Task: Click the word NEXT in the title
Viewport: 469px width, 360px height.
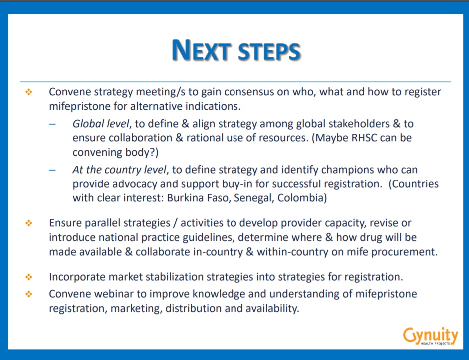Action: click(201, 50)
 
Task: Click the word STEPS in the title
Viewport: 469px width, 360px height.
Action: click(269, 51)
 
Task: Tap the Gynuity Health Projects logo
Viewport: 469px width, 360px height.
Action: click(431, 336)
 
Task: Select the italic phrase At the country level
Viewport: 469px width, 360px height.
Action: click(119, 170)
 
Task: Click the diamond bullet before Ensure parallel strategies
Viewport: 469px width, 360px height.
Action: click(29, 223)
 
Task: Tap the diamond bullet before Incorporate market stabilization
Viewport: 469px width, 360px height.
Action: click(29, 277)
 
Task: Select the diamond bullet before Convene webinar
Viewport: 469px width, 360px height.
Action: click(29, 294)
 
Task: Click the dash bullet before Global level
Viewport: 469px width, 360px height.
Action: click(52, 124)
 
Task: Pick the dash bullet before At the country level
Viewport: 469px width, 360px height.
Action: click(52, 170)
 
